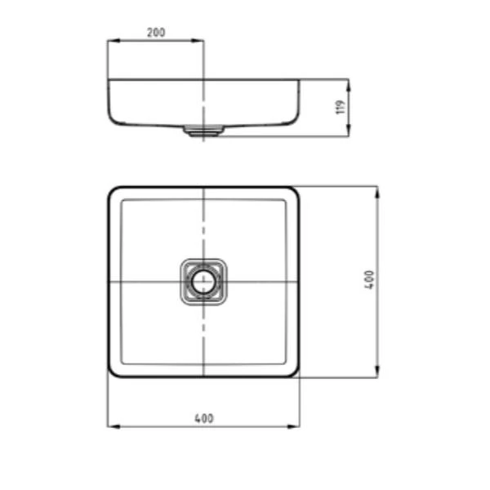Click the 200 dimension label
[155, 33]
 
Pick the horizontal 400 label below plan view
[203, 418]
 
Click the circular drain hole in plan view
[203, 282]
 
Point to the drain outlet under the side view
[203, 131]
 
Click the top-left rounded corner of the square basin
[114, 193]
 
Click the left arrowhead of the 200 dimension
[112, 40]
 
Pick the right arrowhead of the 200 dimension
[200, 40]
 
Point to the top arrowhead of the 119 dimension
[349, 82]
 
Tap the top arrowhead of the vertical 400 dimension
[376, 190]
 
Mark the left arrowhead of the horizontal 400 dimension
[112, 426]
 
